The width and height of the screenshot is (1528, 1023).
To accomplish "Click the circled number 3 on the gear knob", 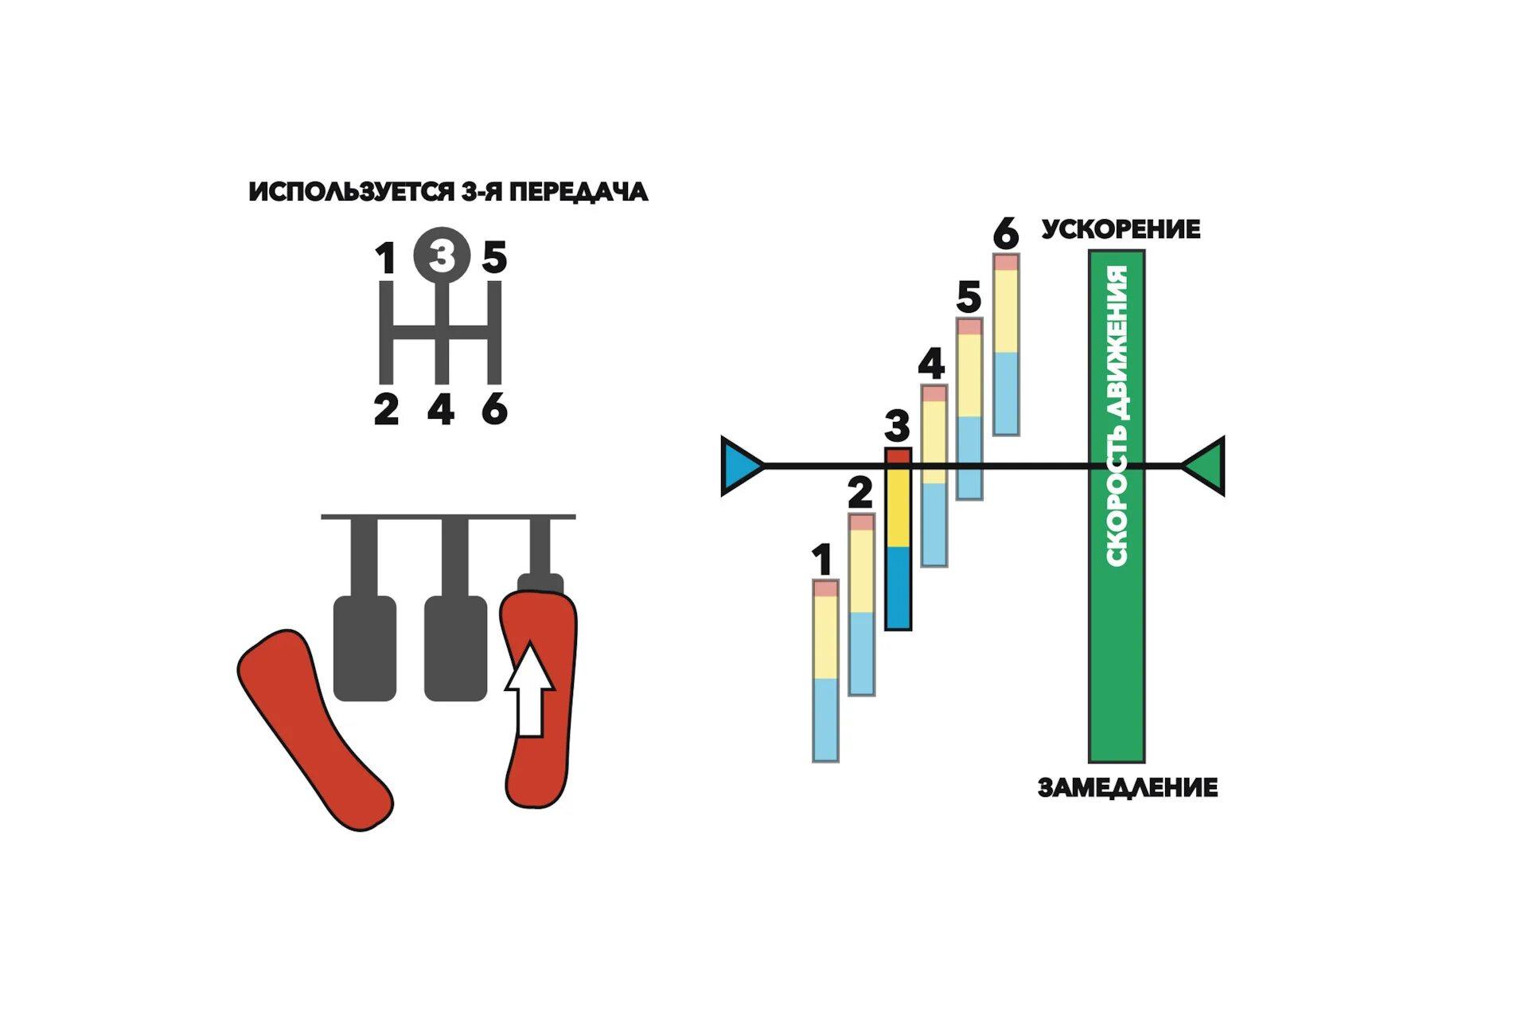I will pos(442,256).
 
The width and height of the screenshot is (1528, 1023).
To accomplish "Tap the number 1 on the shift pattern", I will pos(385,259).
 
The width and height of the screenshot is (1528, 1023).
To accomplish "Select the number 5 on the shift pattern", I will pos(494,258).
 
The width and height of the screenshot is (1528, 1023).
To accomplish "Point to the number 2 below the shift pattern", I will pos(386,410).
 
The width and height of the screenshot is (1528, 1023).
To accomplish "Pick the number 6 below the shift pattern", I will pos(494,410).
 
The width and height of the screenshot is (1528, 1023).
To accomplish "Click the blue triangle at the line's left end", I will pos(739,466).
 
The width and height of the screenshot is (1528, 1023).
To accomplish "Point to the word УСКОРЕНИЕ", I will pos(1121,229).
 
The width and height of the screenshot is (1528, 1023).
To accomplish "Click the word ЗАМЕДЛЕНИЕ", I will pos(1128,788).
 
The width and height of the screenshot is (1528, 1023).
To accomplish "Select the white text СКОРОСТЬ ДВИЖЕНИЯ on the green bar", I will pos(1117,416).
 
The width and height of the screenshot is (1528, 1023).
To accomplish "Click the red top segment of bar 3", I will pos(898,455).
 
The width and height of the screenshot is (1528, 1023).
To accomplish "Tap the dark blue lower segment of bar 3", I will pos(898,588).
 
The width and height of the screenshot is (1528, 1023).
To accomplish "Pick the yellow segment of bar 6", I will pos(1006,310).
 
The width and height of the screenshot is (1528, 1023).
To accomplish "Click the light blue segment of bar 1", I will pos(825,719).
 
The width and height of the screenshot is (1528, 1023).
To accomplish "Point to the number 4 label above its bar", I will pos(931,364).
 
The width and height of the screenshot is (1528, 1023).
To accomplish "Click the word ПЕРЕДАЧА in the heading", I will pos(579,192).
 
